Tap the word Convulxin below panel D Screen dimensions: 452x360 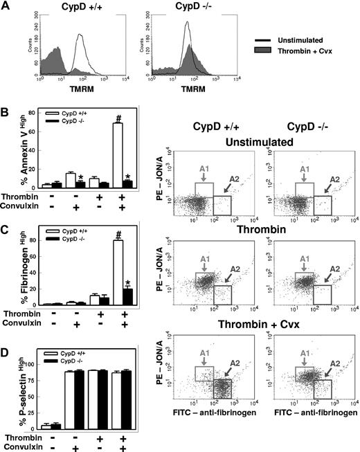tap(21, 446)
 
